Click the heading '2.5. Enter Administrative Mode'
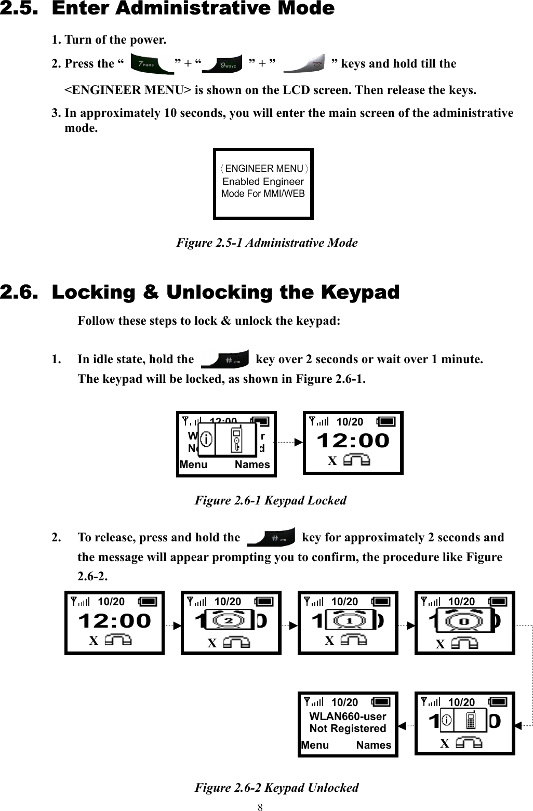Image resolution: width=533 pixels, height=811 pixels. click(x=167, y=9)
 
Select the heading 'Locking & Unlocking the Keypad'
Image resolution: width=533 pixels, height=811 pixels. click(x=225, y=293)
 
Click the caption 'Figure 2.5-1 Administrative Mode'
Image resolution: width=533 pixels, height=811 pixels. click(x=267, y=243)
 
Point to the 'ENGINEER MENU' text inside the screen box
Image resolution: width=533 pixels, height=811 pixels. click(x=264, y=168)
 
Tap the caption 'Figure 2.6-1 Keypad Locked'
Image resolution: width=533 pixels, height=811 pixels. click(x=270, y=500)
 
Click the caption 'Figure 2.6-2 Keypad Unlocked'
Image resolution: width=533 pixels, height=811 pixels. click(x=276, y=788)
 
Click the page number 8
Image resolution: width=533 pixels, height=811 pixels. click(x=260, y=807)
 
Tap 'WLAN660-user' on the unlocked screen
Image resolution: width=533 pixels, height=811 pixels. click(x=348, y=716)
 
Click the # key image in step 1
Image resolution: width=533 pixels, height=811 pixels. click(x=225, y=359)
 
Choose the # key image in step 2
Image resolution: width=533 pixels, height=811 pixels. click(x=271, y=537)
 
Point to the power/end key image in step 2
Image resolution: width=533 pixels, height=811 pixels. click(x=305, y=63)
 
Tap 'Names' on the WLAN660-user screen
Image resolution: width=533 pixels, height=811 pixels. click(x=374, y=745)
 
